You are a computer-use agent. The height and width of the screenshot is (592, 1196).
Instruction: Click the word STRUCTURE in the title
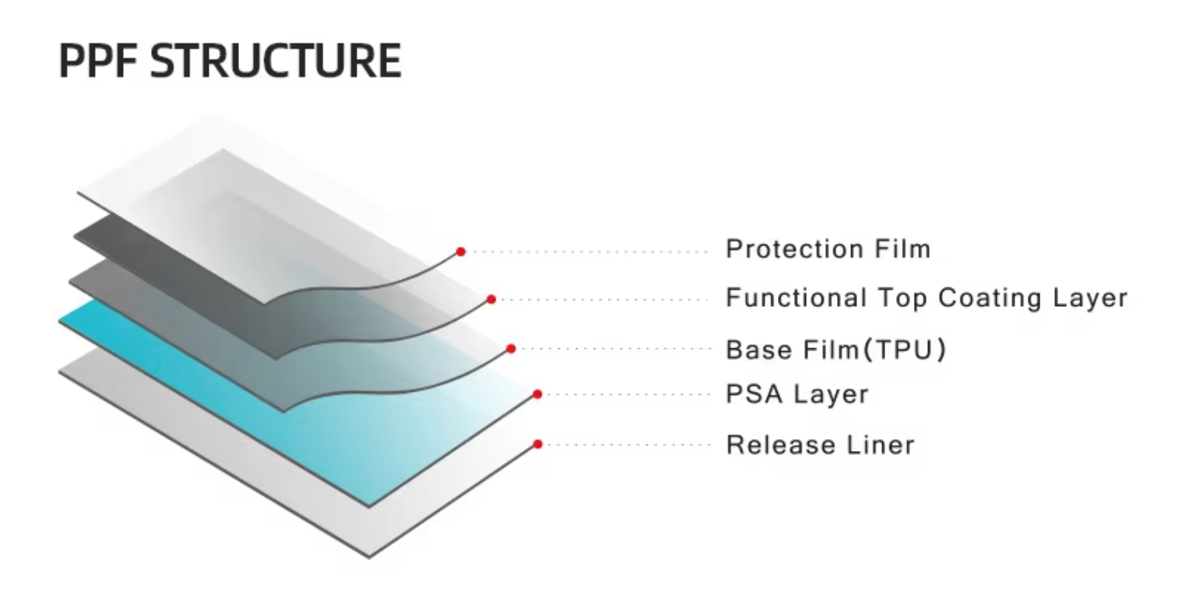[275, 61]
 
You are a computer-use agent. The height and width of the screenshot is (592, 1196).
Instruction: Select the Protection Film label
[828, 249]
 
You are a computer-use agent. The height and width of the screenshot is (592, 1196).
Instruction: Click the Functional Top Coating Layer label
[926, 298]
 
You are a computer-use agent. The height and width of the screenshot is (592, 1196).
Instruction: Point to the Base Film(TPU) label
[835, 350]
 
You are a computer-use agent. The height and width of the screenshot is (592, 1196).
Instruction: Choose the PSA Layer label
[797, 394]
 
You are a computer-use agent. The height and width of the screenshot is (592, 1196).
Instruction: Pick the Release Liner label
[820, 445]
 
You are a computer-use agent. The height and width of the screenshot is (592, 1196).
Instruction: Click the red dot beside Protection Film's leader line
[461, 252]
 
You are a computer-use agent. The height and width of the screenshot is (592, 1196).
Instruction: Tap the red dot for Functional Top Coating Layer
[491, 299]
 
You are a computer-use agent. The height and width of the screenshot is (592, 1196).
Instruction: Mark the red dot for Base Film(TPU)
[511, 349]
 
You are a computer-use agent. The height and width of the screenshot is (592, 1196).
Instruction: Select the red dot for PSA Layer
[537, 395]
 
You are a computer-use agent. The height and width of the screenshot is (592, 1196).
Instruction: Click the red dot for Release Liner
[537, 445]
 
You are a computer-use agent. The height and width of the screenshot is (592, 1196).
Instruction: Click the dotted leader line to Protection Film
[584, 252]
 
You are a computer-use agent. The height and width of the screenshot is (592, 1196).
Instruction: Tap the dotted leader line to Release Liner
[623, 445]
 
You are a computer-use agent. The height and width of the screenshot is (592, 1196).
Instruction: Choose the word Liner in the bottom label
[881, 445]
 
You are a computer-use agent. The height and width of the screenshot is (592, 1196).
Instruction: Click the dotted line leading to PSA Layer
[623, 395]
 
